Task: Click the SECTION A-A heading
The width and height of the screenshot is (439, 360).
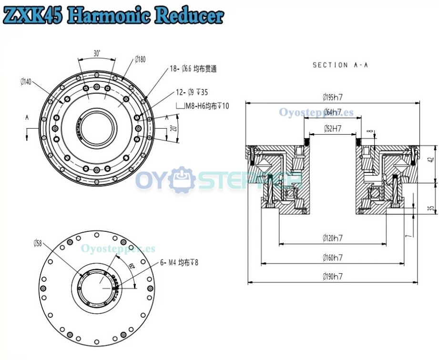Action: pos(340,65)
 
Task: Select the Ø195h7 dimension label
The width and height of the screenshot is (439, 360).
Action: pos(332,98)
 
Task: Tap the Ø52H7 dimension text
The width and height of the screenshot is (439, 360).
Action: pos(333,128)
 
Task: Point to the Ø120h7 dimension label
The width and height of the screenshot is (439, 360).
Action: pos(332,238)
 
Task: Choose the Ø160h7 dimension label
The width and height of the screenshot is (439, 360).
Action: pos(332,258)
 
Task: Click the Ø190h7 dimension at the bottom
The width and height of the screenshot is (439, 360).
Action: pos(332,276)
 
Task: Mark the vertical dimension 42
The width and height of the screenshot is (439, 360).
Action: pos(431,160)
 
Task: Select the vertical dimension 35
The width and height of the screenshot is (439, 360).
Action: pos(431,208)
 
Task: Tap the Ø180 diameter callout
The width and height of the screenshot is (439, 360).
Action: pos(140,59)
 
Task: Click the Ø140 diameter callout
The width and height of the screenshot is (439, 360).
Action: pos(26,82)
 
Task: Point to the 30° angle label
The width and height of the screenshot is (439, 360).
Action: pos(97,54)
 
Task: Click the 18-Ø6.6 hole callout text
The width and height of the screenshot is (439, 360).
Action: pos(193,69)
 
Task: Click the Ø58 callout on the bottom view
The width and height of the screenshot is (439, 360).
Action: pos(39,243)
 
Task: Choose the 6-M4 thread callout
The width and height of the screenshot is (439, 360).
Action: pos(179,262)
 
